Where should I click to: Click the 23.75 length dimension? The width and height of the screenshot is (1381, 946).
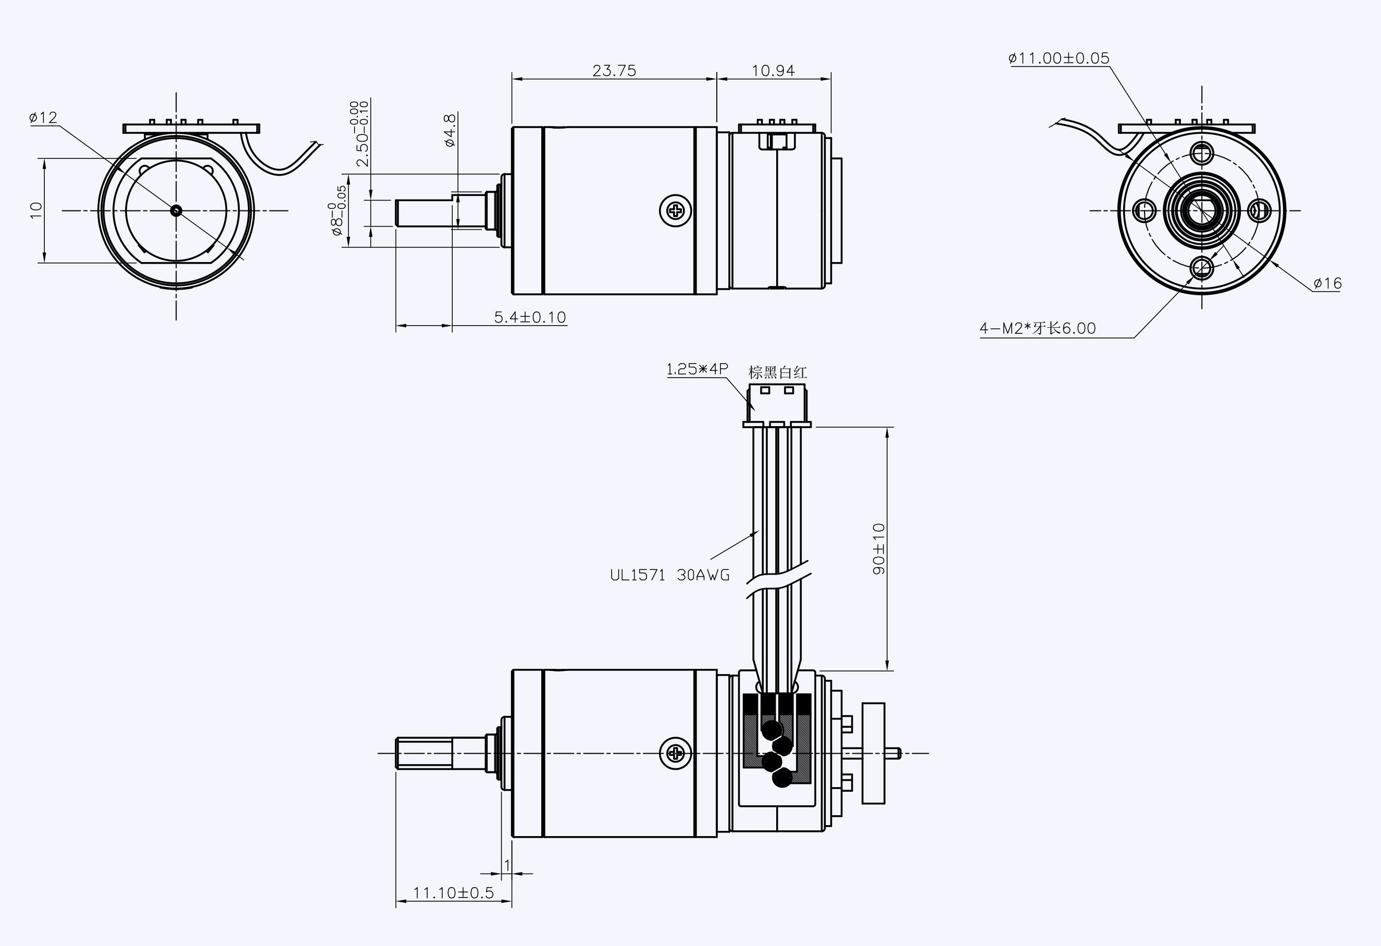[x=614, y=71]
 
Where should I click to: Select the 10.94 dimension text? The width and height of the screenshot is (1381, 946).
[x=773, y=71]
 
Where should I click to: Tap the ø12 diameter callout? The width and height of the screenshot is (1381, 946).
[x=43, y=118]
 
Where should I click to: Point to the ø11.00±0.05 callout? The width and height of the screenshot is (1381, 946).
[x=1059, y=58]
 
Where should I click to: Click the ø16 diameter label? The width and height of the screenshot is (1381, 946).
[x=1327, y=283]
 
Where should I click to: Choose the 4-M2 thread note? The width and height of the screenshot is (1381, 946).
[x=1038, y=328]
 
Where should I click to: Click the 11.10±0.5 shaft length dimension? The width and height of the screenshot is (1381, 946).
[x=453, y=892]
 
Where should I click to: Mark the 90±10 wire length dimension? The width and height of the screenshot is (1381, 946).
[x=879, y=549]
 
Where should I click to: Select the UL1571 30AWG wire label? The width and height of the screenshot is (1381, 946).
[x=670, y=575]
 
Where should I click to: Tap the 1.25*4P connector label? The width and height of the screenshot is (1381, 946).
[x=697, y=369]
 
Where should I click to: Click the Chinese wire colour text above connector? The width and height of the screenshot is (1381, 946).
[x=777, y=372]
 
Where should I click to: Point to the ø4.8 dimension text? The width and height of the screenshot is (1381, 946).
[x=450, y=130]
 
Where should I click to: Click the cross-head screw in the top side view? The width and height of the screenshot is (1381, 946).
[x=676, y=210]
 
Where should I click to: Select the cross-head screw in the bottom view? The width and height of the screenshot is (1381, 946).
[x=676, y=753]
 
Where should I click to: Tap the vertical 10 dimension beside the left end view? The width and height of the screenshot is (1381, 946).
[x=37, y=210]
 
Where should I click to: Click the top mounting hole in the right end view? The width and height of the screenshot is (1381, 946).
[x=1202, y=154]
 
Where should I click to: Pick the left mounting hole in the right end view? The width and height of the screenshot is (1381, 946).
[x=1144, y=210]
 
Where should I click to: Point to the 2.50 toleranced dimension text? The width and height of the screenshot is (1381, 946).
[x=360, y=134]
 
